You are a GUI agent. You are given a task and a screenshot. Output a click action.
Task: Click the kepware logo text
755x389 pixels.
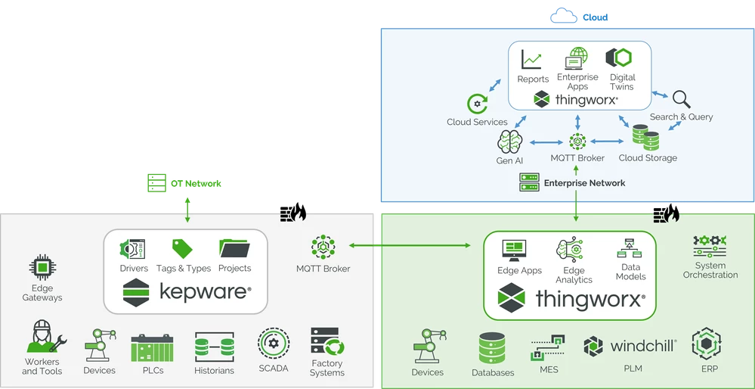coord(205,291)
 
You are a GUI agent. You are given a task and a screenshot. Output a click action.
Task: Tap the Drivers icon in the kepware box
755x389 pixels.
coord(133,249)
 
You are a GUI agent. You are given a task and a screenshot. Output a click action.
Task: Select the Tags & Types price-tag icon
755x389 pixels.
coord(182,249)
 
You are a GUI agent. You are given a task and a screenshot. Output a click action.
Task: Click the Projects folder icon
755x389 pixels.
coord(234,249)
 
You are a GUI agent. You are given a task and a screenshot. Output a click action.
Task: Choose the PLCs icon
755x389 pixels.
coord(147,347)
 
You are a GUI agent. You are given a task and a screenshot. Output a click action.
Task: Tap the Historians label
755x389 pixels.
coord(214,371)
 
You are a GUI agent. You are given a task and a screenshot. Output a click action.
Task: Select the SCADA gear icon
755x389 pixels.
coord(273,343)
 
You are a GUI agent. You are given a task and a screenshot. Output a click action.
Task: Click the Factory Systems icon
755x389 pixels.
coord(327,343)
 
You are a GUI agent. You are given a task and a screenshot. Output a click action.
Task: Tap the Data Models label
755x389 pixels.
coord(630,272)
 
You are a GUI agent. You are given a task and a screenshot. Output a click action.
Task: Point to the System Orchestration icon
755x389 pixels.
coord(710,245)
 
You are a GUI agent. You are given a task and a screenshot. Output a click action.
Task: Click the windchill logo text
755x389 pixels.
coord(642,347)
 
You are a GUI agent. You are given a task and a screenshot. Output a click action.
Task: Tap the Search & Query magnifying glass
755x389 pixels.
coord(681,100)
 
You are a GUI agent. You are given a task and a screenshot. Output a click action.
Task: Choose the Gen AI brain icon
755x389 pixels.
coord(510,142)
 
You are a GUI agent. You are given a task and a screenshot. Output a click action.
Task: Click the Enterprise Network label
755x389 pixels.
coord(584,183)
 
